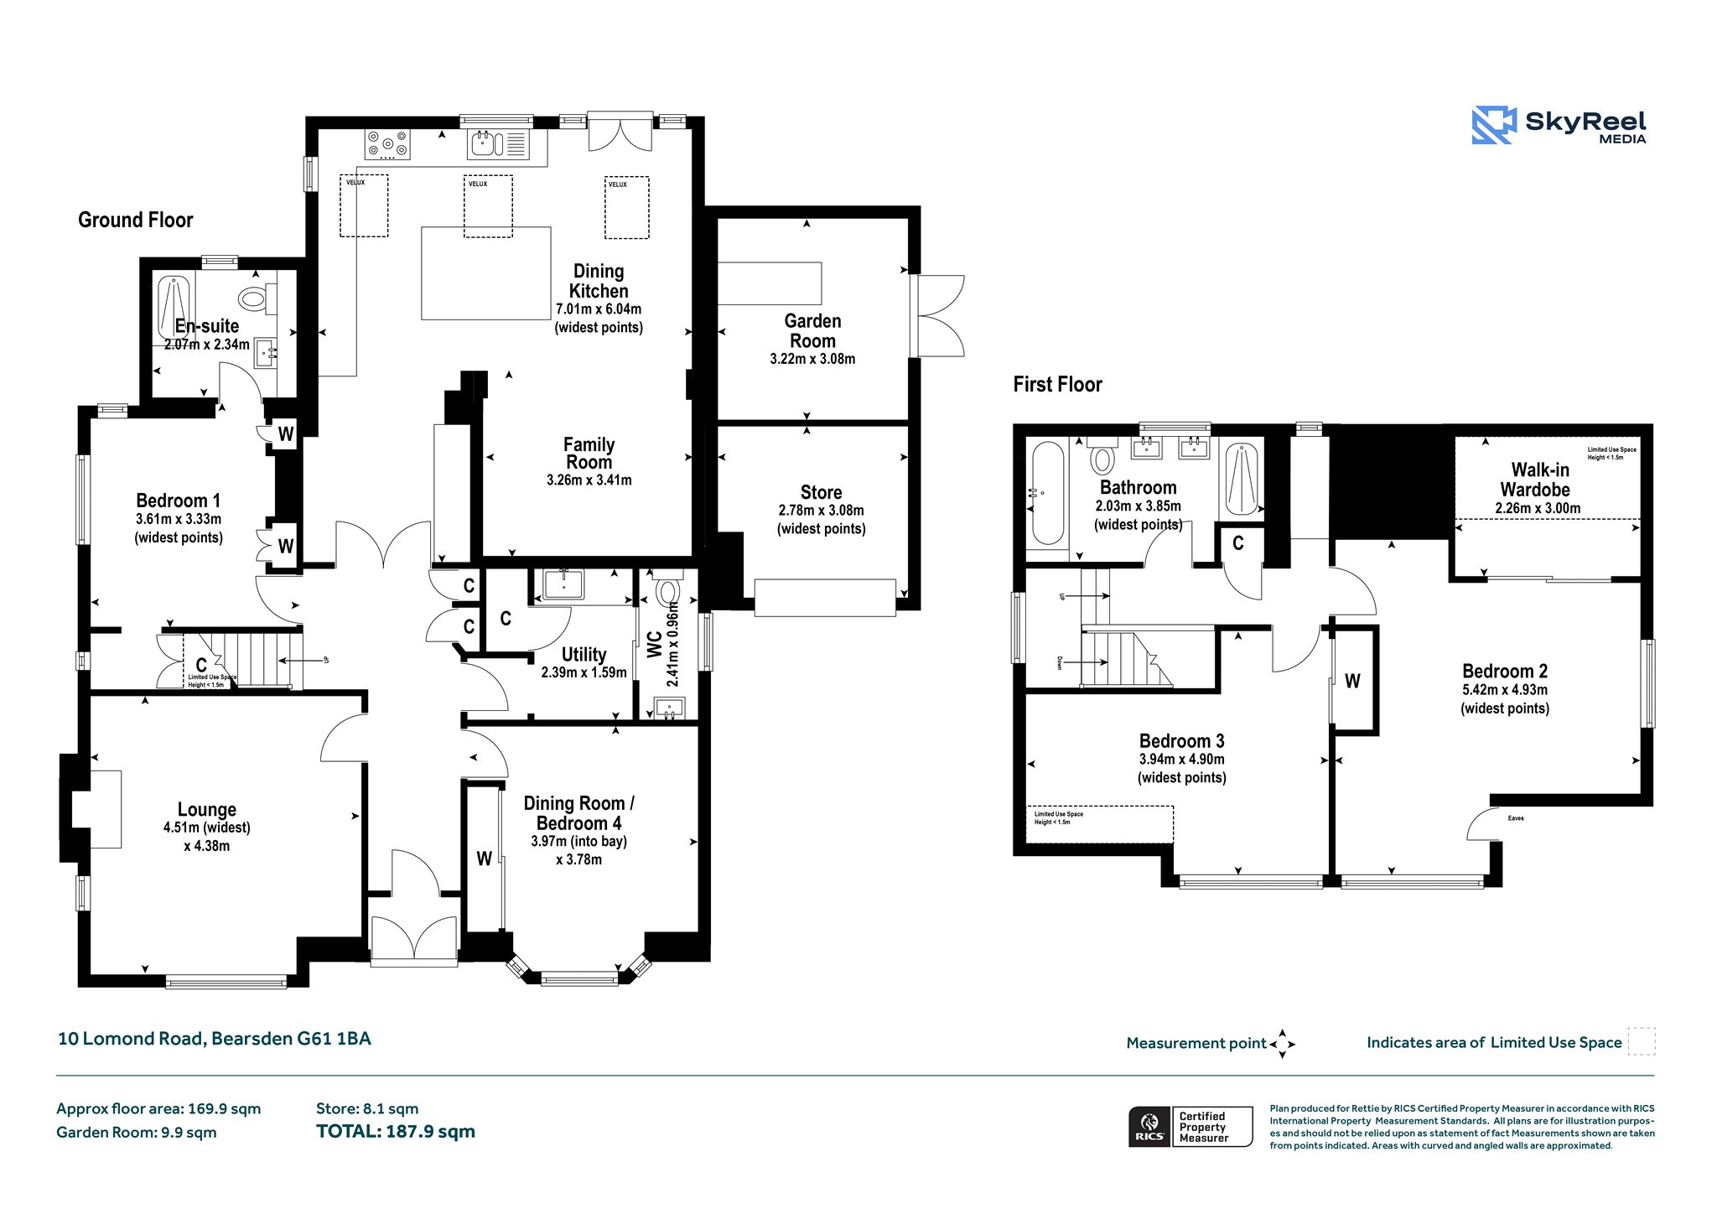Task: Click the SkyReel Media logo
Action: tap(1559, 126)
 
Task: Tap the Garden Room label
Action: tap(812, 331)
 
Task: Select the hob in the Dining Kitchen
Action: tap(387, 144)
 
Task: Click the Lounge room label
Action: tap(207, 809)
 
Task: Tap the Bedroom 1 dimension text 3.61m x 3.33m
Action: tap(179, 519)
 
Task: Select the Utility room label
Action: tap(584, 654)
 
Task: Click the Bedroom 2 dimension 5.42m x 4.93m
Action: tap(1505, 690)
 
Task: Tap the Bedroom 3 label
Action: tap(1181, 741)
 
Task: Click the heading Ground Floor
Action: tap(136, 220)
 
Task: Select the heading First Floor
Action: tap(1057, 385)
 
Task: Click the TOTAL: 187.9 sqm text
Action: tap(396, 1132)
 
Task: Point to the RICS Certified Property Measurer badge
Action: tap(1190, 1127)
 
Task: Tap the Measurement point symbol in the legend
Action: tap(1282, 1044)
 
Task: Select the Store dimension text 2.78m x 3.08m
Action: tap(821, 511)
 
